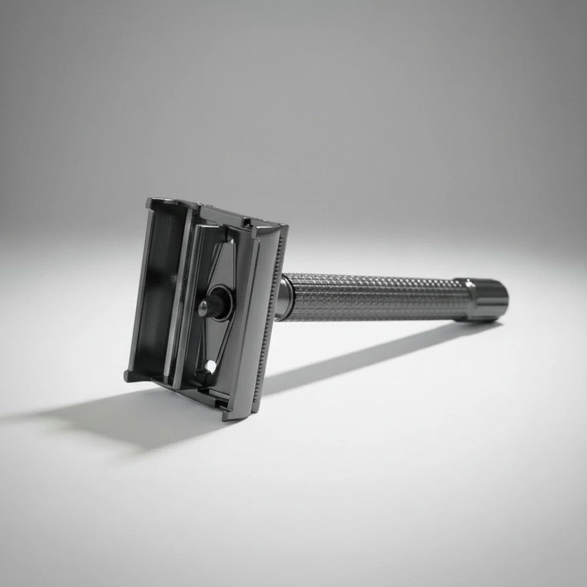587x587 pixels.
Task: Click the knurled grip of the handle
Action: pyautogui.click(x=375, y=298)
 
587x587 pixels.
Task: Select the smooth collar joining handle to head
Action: pyautogui.click(x=284, y=299)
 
